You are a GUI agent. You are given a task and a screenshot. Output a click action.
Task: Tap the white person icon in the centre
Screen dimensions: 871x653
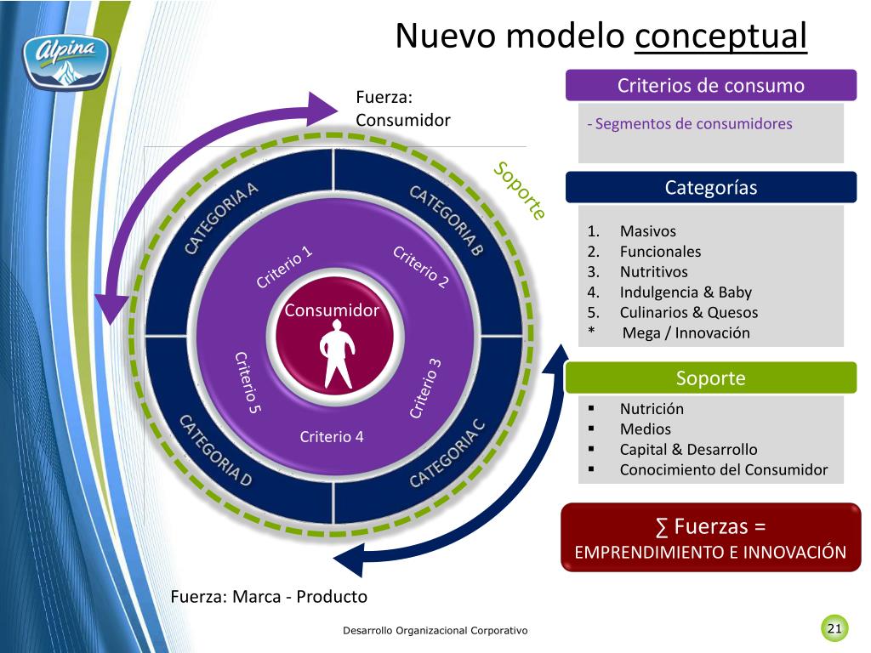[337, 357]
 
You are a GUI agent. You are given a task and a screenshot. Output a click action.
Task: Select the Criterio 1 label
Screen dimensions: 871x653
[284, 266]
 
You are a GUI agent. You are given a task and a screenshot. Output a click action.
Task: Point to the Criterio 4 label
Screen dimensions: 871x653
[332, 437]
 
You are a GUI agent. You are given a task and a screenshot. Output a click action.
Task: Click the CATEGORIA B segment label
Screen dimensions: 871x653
[446, 220]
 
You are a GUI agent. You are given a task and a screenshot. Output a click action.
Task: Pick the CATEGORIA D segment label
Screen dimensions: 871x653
[215, 451]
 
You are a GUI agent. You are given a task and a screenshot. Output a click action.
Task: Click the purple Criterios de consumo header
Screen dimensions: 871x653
[711, 86]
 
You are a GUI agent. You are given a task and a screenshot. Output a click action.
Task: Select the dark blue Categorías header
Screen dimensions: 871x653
[711, 188]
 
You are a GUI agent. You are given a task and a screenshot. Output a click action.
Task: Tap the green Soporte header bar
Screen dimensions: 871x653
[711, 378]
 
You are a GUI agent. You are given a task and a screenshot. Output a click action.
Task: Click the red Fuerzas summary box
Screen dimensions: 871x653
[711, 537]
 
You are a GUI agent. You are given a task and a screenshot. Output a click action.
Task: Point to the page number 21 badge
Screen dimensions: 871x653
[834, 628]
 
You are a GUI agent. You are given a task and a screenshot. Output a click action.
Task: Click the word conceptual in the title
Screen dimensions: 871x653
[720, 36]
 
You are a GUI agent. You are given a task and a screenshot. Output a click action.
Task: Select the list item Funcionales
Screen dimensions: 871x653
[660, 252]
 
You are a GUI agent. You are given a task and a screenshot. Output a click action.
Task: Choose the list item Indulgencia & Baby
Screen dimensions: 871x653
[686, 292]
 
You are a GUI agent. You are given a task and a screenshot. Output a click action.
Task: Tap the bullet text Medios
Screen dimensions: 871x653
[645, 429]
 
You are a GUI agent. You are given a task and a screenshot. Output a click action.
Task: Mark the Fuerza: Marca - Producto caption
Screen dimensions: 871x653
[269, 597]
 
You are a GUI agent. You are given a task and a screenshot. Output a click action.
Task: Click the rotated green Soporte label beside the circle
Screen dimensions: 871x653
[520, 190]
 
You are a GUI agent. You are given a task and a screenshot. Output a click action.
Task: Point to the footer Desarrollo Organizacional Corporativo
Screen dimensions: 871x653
[435, 631]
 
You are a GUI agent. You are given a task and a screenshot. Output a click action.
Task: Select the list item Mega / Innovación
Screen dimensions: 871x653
[686, 333]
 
